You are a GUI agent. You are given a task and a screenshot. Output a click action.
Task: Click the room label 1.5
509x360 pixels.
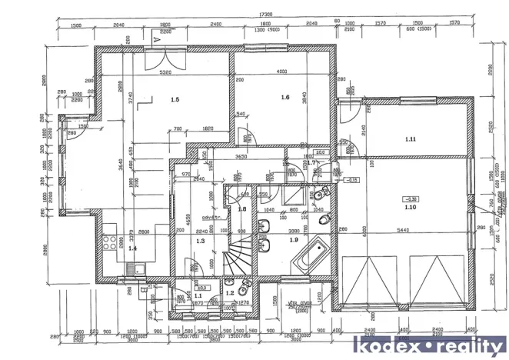click(175, 100)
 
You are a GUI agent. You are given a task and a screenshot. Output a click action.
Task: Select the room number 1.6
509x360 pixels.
click(284, 97)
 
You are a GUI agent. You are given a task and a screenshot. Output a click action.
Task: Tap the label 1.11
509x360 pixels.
click(411, 139)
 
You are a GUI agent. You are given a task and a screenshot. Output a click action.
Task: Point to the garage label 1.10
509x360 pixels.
click(411, 208)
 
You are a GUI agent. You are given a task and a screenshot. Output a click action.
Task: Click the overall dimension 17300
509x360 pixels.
click(266, 14)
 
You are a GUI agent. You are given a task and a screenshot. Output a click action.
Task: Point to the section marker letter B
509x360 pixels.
click(145, 290)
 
